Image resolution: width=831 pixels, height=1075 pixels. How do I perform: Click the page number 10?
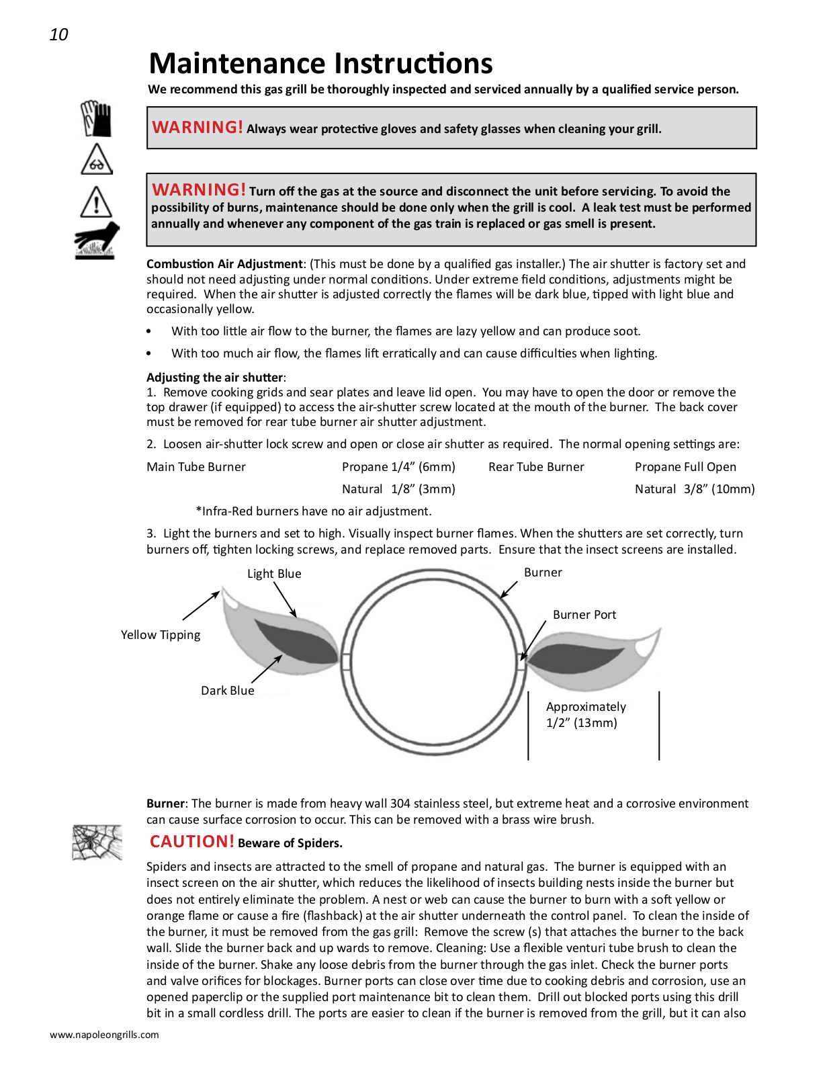[59, 35]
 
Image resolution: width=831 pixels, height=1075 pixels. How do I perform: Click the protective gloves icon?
[96, 119]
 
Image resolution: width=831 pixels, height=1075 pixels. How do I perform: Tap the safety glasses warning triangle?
[97, 160]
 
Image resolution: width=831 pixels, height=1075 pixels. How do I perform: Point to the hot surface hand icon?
[97, 240]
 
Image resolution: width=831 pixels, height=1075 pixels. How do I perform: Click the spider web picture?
[97, 843]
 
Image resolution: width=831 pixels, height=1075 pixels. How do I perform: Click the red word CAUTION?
[192, 842]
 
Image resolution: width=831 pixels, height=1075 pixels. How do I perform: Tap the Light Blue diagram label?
[274, 574]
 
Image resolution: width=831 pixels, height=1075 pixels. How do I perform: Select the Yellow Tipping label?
[161, 635]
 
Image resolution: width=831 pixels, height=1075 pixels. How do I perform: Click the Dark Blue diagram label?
[228, 691]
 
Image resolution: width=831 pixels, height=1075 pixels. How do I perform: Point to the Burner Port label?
[584, 615]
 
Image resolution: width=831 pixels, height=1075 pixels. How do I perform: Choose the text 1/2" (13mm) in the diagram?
[582, 723]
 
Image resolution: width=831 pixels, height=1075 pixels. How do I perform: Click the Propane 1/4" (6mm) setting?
[398, 467]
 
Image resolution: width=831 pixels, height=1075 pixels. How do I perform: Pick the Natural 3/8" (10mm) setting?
[695, 489]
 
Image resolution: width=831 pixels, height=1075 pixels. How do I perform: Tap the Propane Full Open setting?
[685, 467]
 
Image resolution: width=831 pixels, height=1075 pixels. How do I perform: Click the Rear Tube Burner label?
[536, 467]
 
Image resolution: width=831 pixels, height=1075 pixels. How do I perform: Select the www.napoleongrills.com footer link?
[104, 1035]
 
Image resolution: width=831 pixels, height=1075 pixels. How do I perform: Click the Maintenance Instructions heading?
[320, 64]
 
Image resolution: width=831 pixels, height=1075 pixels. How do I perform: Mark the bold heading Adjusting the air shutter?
[216, 378]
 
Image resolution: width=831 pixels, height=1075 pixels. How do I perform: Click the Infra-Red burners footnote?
[313, 511]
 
